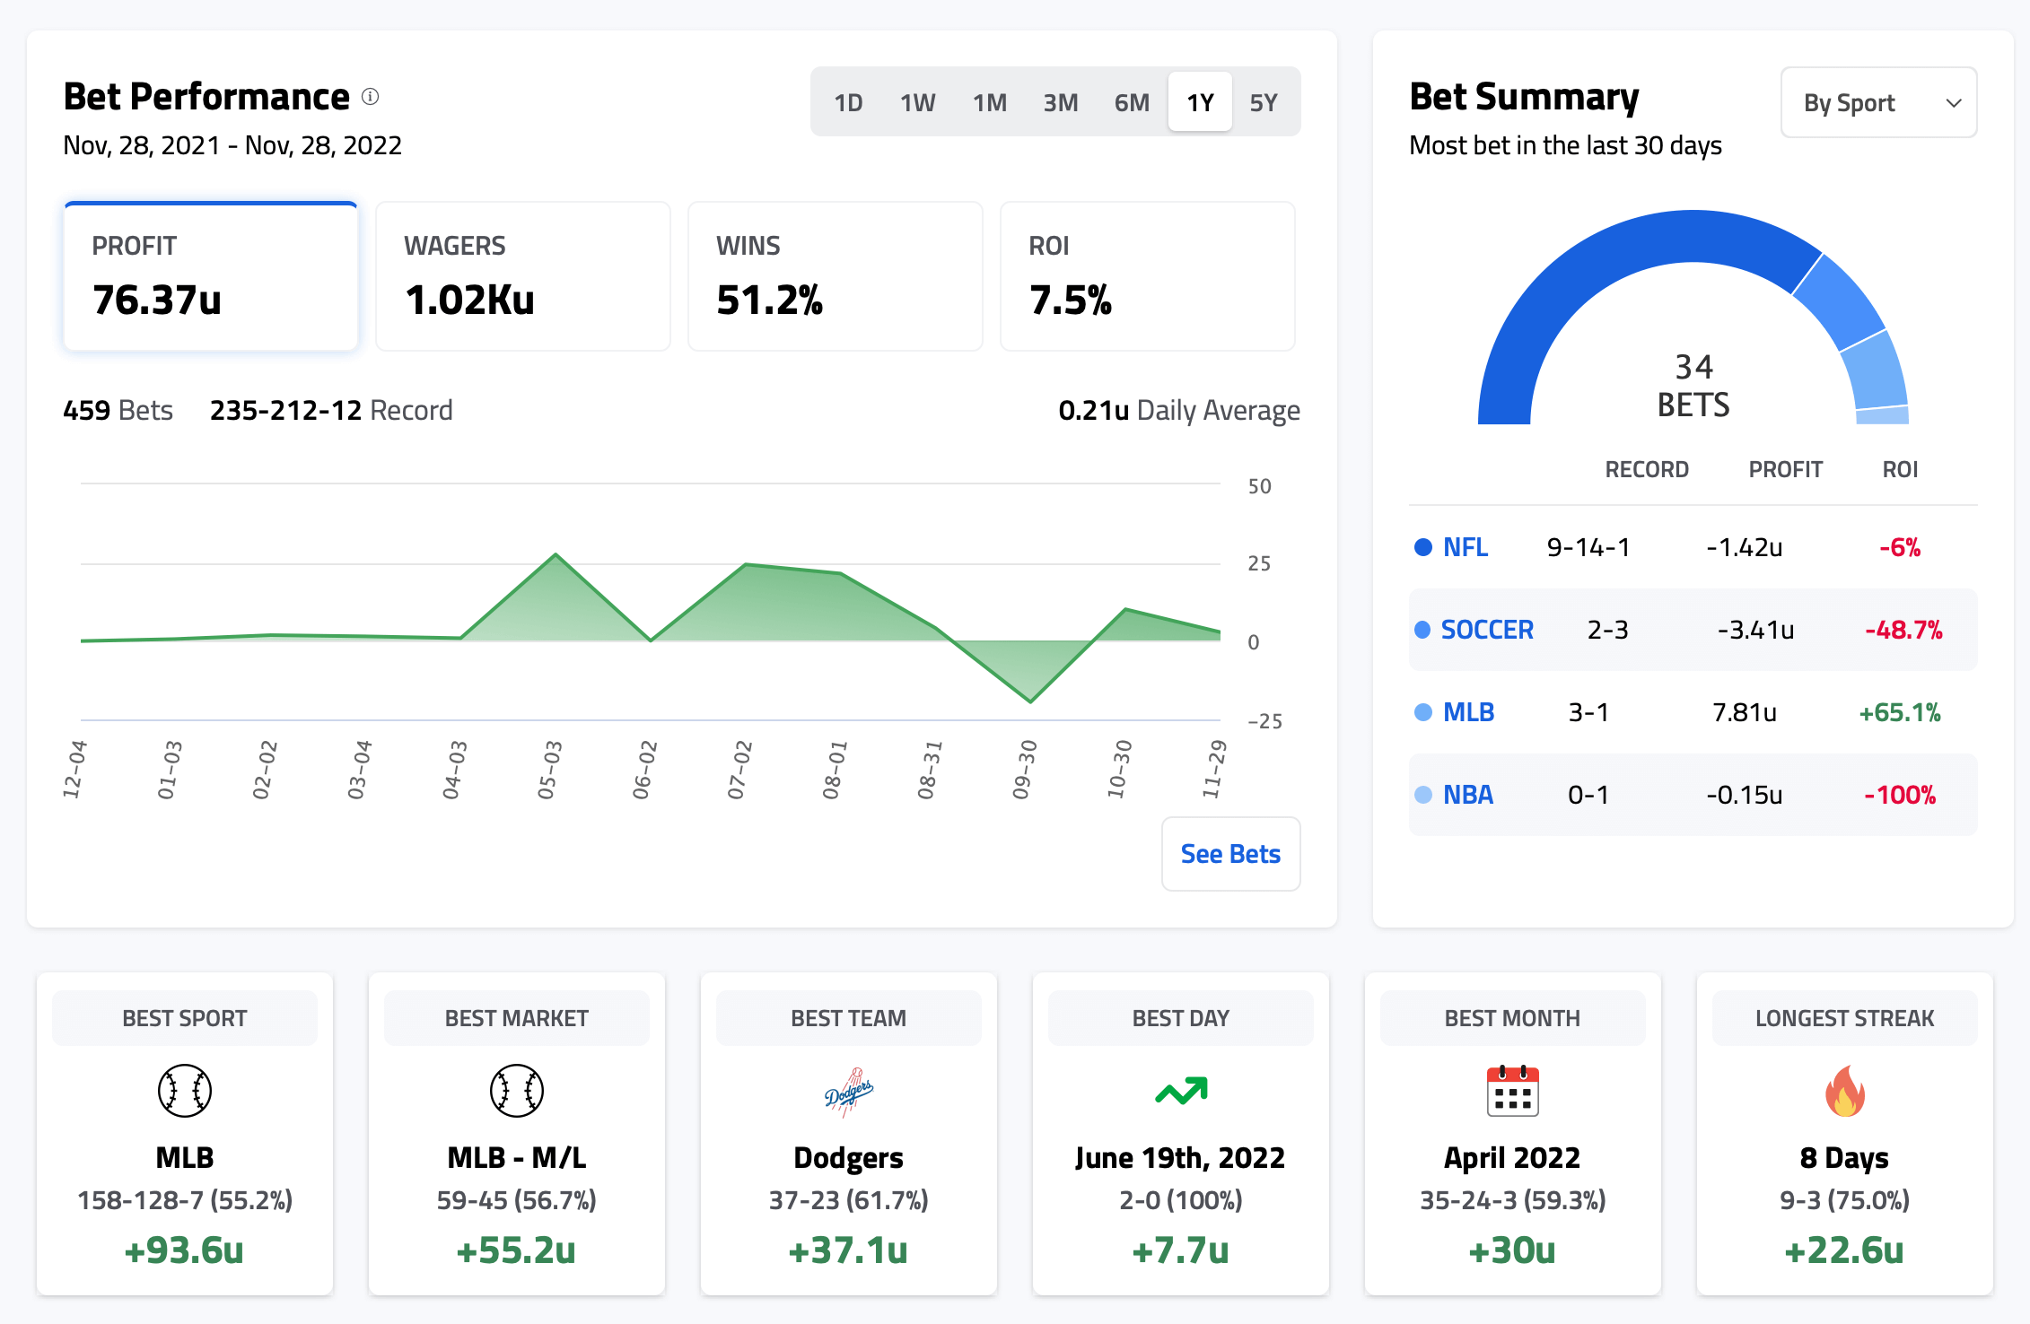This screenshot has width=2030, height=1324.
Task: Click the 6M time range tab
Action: point(1132,103)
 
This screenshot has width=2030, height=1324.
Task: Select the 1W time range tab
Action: point(917,103)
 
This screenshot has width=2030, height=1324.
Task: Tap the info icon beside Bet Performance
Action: point(371,97)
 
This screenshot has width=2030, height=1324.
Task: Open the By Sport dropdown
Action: point(1878,103)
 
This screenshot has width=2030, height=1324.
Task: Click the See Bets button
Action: point(1230,854)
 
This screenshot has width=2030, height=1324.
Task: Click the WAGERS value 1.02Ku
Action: point(469,300)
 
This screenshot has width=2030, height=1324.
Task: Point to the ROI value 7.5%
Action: point(1070,300)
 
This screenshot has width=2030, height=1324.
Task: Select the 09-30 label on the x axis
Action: point(1024,770)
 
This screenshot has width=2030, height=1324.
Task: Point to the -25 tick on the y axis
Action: point(1264,721)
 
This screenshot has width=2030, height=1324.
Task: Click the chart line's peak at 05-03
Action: point(556,554)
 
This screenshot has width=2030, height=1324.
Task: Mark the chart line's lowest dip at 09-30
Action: point(1030,701)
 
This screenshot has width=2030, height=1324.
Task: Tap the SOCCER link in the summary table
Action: point(1487,630)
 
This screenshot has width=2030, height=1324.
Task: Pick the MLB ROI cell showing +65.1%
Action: point(1900,713)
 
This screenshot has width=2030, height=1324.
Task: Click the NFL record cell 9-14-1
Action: point(1588,547)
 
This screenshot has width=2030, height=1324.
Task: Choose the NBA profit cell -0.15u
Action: point(1744,796)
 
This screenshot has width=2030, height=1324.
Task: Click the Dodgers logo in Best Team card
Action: point(848,1092)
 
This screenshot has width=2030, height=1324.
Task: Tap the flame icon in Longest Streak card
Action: point(1844,1091)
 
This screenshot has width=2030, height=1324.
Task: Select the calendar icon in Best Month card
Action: point(1512,1091)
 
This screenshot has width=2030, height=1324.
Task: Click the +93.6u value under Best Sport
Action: point(184,1250)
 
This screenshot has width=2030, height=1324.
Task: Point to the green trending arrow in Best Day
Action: point(1181,1091)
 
